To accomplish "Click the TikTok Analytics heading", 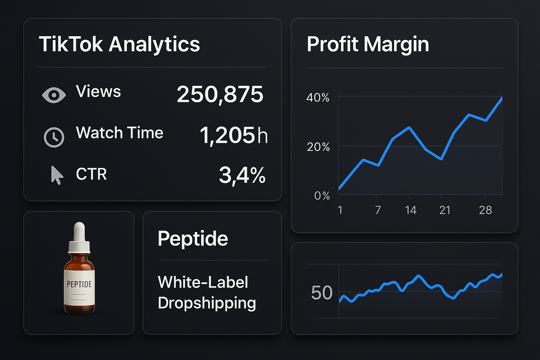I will [119, 44].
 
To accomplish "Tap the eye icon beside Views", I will [54, 95].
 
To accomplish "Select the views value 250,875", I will [220, 94].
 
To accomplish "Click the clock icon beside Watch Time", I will [54, 137].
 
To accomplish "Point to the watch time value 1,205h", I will [233, 136].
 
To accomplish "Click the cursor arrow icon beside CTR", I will [57, 175].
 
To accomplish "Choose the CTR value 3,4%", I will [242, 175].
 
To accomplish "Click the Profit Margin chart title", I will [368, 44].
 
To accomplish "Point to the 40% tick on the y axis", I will [318, 97].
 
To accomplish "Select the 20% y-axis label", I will [318, 147].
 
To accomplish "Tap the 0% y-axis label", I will [322, 195].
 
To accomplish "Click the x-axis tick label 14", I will [410, 210].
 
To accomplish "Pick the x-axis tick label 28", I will [485, 210].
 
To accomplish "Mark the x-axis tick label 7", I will [378, 210].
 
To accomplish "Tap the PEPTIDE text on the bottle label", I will [79, 284].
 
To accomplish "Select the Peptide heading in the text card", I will [193, 239].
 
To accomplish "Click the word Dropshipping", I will [207, 303].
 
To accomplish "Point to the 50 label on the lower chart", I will [322, 293].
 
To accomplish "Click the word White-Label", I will [203, 282].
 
